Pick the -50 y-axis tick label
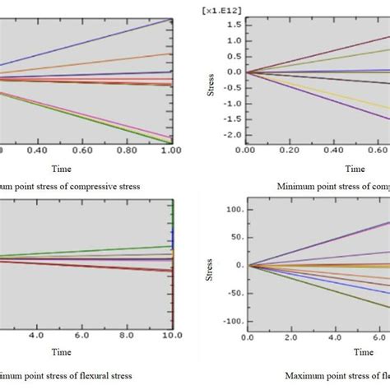click(232, 293)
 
